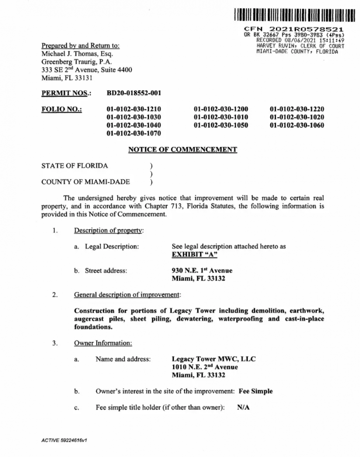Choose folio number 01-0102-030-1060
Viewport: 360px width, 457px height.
[x=297, y=126]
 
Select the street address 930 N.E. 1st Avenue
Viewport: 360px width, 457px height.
[x=202, y=270]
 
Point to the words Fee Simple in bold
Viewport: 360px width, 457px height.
[x=255, y=391]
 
